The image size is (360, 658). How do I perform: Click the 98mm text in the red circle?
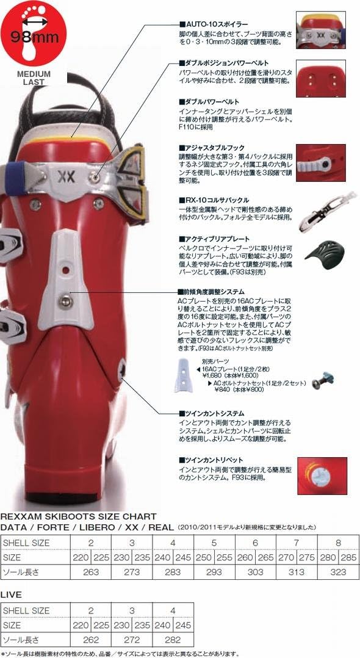pos(34,36)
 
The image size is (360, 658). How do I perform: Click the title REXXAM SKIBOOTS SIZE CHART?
pos(79,516)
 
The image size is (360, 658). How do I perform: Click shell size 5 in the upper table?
pos(213,542)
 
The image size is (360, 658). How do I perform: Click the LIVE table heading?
pos(12,593)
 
